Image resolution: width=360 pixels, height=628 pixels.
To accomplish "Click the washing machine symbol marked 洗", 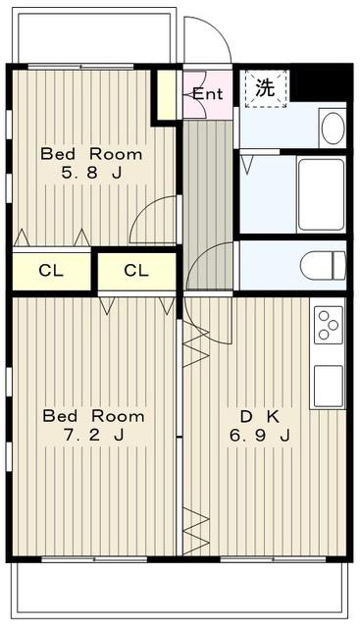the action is point(266,88).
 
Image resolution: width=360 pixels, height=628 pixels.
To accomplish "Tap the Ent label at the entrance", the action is point(207,94).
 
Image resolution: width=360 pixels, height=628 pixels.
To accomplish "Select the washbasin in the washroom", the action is point(334,128).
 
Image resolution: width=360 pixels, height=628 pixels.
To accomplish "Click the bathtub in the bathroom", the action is point(321,194).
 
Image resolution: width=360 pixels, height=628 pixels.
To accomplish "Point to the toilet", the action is point(323,265).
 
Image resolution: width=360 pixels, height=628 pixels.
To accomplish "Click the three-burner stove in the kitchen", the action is point(329,325).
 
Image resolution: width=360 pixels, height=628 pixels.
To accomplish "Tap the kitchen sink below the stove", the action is point(329,386).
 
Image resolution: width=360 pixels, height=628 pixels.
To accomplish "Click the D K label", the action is point(260,417).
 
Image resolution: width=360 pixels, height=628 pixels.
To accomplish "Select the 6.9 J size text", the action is point(260,436).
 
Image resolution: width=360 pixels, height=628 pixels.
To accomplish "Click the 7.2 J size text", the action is point(94,435).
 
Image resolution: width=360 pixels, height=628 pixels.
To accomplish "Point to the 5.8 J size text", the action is point(91,173).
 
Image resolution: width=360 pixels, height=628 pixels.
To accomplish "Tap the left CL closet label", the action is point(51,271).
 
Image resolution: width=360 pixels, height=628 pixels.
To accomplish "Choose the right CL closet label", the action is point(136,271).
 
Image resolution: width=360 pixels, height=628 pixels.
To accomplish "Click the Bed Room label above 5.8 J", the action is point(91,154).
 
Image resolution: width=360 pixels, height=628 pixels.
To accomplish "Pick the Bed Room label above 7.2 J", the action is point(93,416).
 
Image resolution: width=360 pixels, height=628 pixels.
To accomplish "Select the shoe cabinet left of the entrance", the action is point(166,95).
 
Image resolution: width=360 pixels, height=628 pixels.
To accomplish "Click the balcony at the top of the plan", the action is point(94,35).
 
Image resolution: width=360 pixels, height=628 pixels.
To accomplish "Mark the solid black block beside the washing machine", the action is point(322,82).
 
